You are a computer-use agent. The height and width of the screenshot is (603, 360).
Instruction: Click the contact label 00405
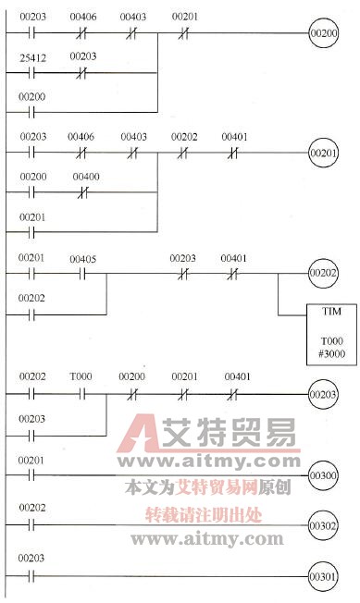pos(83,259)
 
